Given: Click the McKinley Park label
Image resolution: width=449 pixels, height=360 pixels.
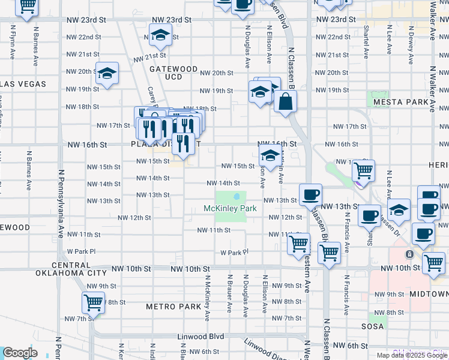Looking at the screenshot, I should (231, 208).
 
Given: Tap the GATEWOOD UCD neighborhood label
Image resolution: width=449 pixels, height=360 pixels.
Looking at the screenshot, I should (173, 73).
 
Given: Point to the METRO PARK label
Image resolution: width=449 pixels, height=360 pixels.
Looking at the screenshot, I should (173, 307).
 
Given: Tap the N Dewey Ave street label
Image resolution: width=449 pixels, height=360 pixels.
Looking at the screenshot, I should (409, 44).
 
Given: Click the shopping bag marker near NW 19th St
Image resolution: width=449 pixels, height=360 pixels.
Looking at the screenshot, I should (285, 101).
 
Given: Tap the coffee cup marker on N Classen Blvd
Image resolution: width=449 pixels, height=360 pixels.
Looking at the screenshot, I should (310, 195).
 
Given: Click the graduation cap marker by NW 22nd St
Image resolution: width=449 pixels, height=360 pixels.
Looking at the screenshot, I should (160, 37).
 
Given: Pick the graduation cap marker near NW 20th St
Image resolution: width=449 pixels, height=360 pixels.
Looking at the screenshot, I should (106, 74).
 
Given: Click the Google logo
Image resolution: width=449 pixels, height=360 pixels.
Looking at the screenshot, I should (20, 353).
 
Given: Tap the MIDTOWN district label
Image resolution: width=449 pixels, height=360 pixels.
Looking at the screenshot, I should (429, 294).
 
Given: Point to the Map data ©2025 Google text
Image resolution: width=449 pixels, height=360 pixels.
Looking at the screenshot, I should (412, 355).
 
